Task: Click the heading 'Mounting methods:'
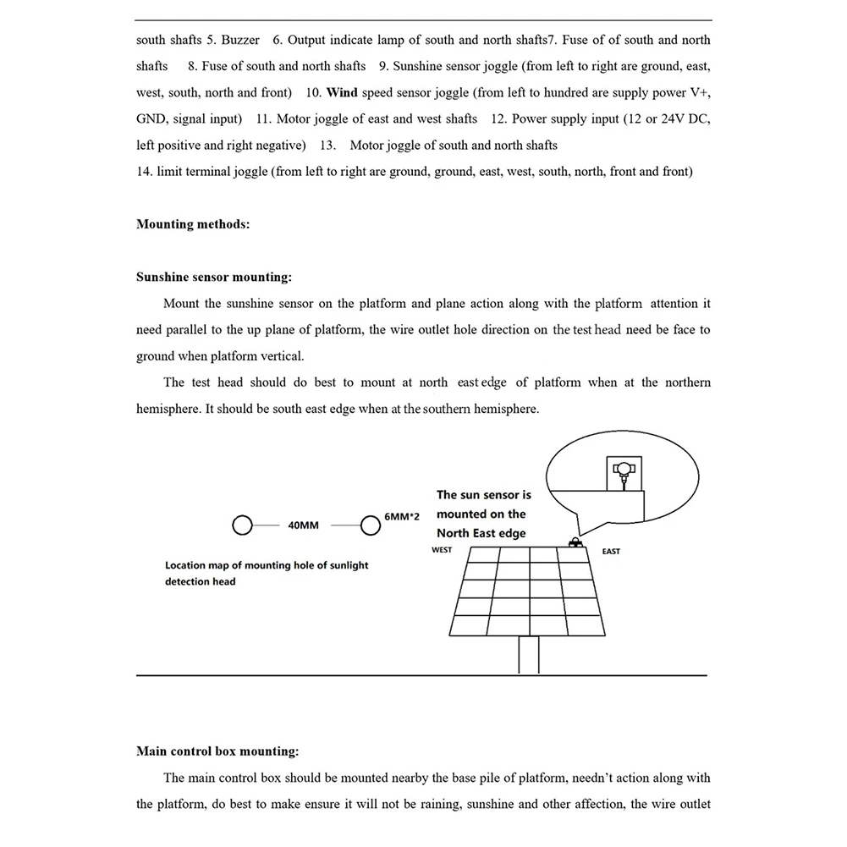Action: (x=193, y=224)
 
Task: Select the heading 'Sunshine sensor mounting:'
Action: (x=213, y=277)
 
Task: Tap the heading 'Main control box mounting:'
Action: (x=217, y=751)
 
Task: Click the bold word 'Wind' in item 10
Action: (x=342, y=92)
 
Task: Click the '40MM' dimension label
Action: (x=303, y=525)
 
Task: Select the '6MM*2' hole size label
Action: (x=403, y=515)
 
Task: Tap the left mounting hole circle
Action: (x=242, y=525)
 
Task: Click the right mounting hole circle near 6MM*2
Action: (x=370, y=525)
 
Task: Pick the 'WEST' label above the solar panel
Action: (x=442, y=550)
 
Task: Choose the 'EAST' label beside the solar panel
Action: (x=611, y=552)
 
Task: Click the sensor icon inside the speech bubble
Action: (x=623, y=470)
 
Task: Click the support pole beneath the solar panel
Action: (x=530, y=656)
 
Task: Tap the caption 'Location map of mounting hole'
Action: (x=267, y=565)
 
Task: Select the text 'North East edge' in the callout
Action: (x=481, y=533)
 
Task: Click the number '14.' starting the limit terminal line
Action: (x=144, y=172)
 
